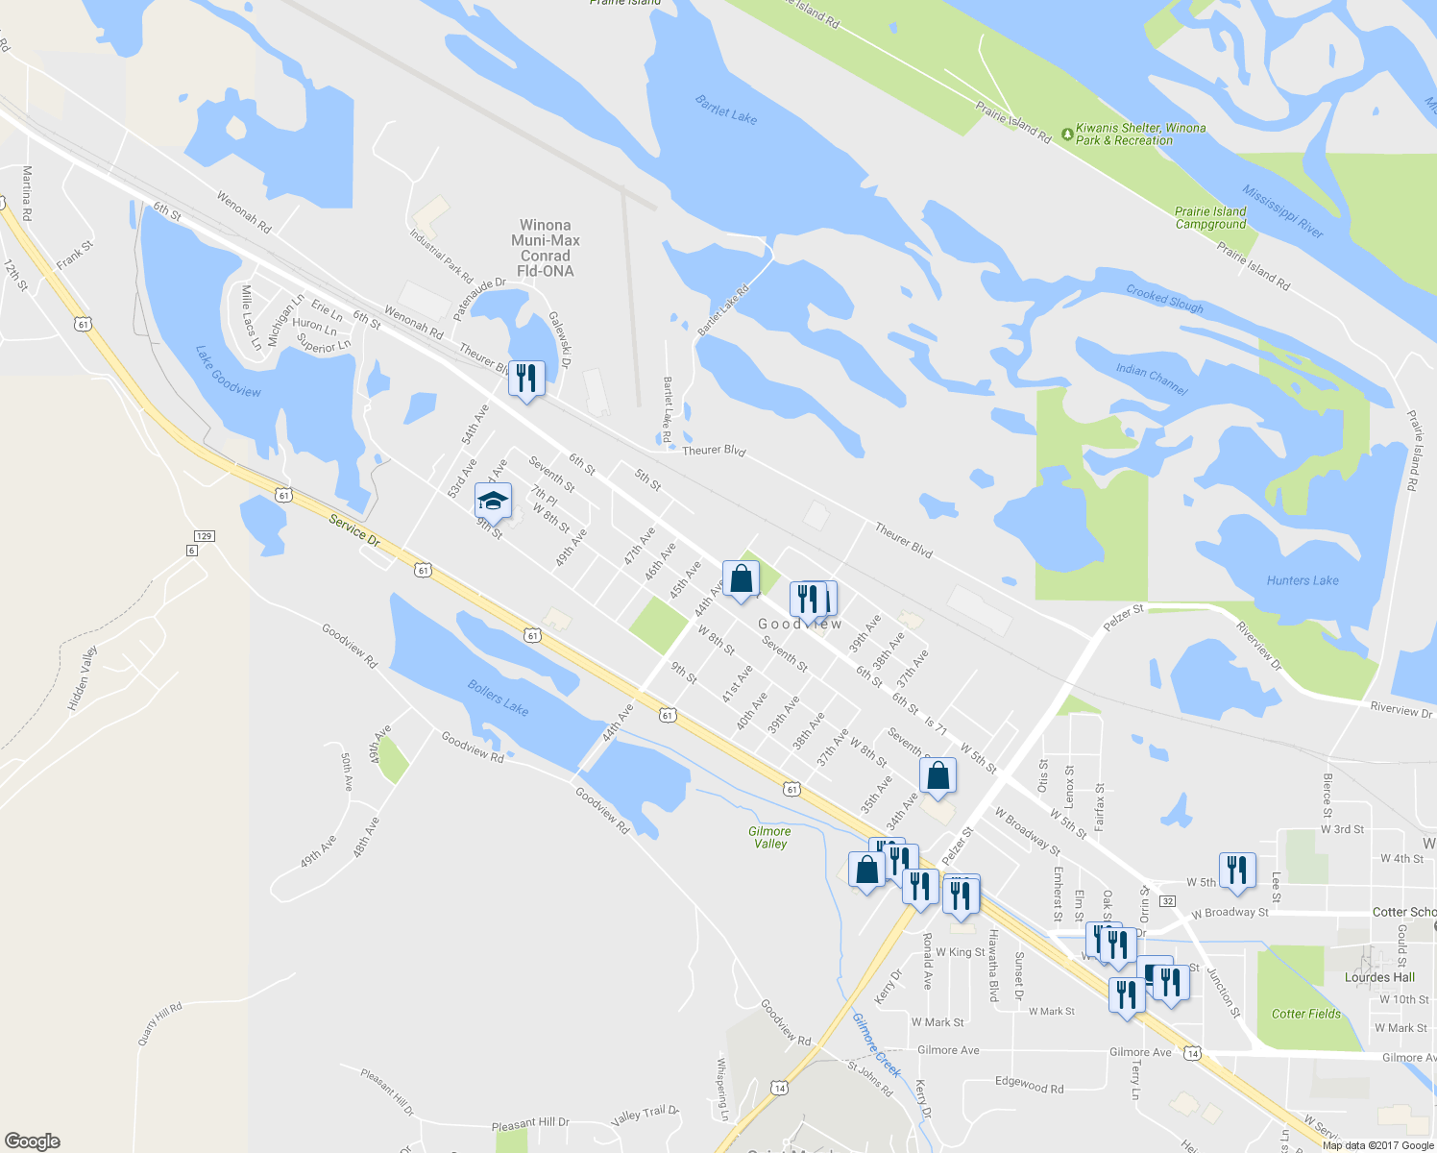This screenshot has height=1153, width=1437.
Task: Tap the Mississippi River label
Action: click(1282, 211)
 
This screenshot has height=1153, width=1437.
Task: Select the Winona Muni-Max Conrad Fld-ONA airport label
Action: click(546, 248)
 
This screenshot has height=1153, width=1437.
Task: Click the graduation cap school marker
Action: click(493, 502)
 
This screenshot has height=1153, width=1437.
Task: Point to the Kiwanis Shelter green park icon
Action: click(1066, 134)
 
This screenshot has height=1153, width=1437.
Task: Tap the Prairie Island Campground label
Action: click(1210, 218)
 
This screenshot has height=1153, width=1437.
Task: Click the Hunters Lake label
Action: click(1302, 580)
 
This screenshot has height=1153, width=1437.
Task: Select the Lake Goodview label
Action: click(228, 372)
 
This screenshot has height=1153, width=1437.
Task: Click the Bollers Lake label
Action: click(498, 698)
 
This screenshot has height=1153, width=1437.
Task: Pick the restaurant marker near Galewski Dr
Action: click(525, 379)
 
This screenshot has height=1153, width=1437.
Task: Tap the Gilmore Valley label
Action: click(769, 838)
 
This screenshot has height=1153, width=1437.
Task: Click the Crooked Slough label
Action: click(1164, 300)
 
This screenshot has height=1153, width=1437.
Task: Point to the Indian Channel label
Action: click(1152, 379)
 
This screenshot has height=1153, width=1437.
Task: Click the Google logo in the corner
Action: click(33, 1141)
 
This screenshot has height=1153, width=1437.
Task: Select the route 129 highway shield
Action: click(204, 536)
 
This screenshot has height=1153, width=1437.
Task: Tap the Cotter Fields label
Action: click(1305, 1014)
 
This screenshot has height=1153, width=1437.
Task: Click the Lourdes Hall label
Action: click(1379, 977)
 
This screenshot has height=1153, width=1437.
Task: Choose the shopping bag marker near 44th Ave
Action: click(741, 579)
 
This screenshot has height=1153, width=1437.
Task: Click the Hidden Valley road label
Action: click(84, 678)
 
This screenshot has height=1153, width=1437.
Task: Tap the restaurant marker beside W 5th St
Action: click(1237, 871)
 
